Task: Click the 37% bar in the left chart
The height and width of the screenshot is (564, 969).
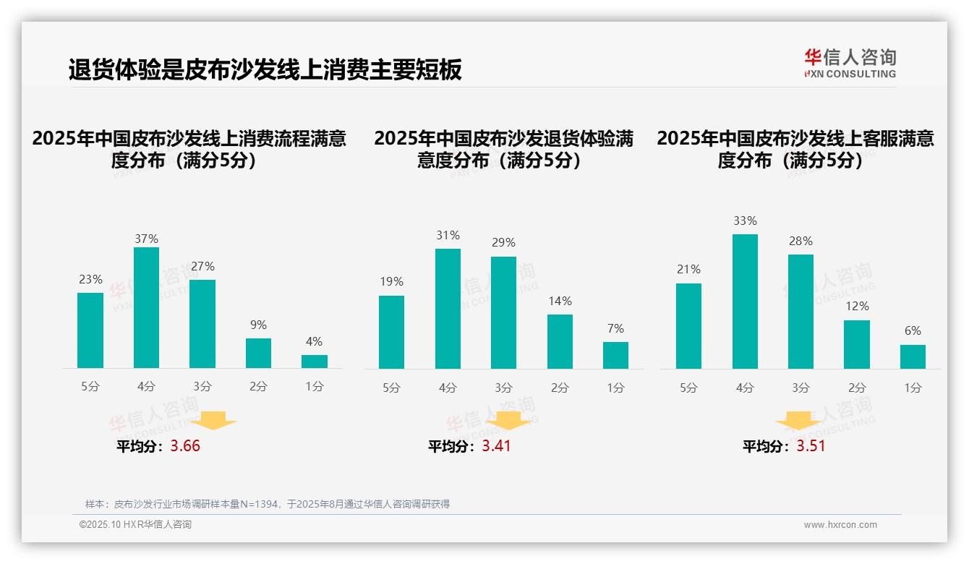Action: (147, 307)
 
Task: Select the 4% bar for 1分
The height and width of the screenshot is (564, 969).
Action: (315, 361)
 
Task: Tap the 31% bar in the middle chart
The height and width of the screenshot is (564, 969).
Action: (448, 308)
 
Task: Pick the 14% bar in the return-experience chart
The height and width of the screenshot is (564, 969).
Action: (560, 341)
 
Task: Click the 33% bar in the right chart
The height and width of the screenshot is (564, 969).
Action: (745, 301)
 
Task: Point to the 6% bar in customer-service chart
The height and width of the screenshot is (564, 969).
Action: (913, 356)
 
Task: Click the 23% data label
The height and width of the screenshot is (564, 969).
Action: (90, 280)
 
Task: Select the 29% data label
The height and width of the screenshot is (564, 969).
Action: (503, 243)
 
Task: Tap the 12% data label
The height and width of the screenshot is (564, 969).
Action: (857, 307)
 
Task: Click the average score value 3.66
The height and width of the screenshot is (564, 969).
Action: (185, 446)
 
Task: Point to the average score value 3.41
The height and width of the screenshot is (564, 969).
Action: (496, 446)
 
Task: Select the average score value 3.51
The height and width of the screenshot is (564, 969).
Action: (811, 446)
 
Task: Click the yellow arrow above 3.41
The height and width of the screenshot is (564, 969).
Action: (508, 420)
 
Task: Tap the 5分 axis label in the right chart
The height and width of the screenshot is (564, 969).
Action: (688, 388)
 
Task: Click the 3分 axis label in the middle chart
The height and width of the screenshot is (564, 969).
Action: (503, 388)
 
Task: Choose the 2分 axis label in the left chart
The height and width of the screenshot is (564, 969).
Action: (258, 387)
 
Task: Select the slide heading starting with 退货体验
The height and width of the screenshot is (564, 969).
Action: (265, 70)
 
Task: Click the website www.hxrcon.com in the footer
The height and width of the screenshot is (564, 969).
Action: (840, 525)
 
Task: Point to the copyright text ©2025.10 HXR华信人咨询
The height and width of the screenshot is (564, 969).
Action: (135, 525)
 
